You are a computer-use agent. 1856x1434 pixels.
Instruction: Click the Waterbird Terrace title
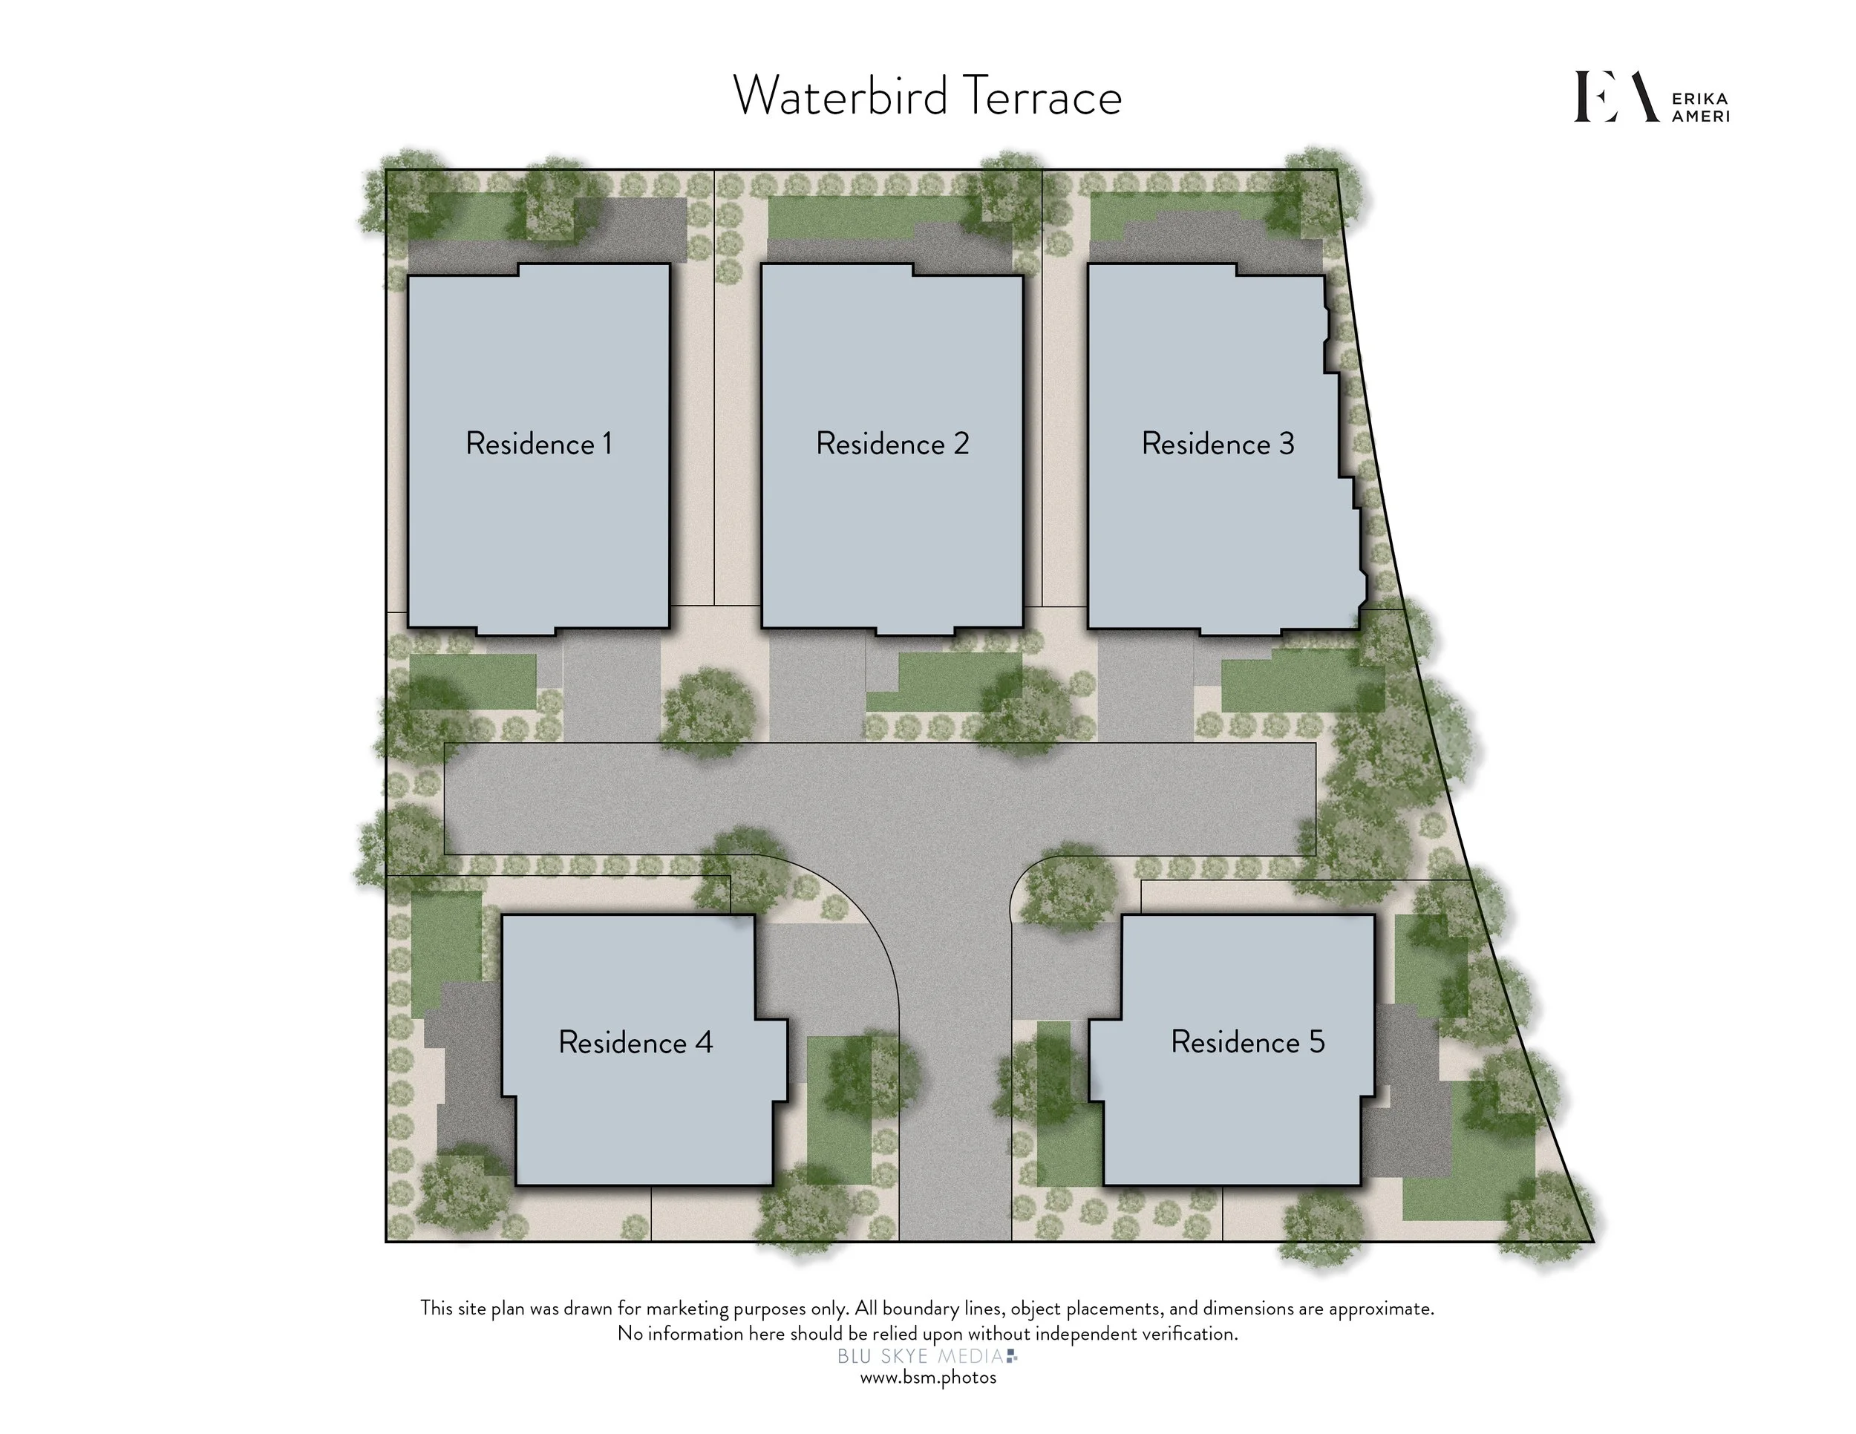click(927, 96)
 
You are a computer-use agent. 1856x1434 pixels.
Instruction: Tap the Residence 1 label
click(539, 443)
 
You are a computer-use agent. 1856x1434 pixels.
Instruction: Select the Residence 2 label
click(892, 443)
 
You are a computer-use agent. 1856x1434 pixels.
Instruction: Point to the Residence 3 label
click(1218, 443)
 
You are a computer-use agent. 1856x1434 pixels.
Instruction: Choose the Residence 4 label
click(635, 1042)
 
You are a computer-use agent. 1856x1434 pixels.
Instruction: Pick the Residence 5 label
click(1247, 1041)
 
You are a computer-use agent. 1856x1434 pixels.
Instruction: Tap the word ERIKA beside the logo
click(1699, 99)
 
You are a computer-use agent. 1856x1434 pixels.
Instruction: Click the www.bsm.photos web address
click(928, 1378)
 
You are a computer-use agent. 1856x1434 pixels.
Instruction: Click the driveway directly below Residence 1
click(612, 688)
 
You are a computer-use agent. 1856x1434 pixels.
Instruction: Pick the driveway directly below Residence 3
click(1146, 688)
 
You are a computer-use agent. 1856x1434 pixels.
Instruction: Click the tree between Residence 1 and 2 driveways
click(708, 712)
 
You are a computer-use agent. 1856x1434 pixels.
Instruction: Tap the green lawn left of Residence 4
click(446, 952)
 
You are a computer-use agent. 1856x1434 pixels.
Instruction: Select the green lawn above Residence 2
click(867, 217)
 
